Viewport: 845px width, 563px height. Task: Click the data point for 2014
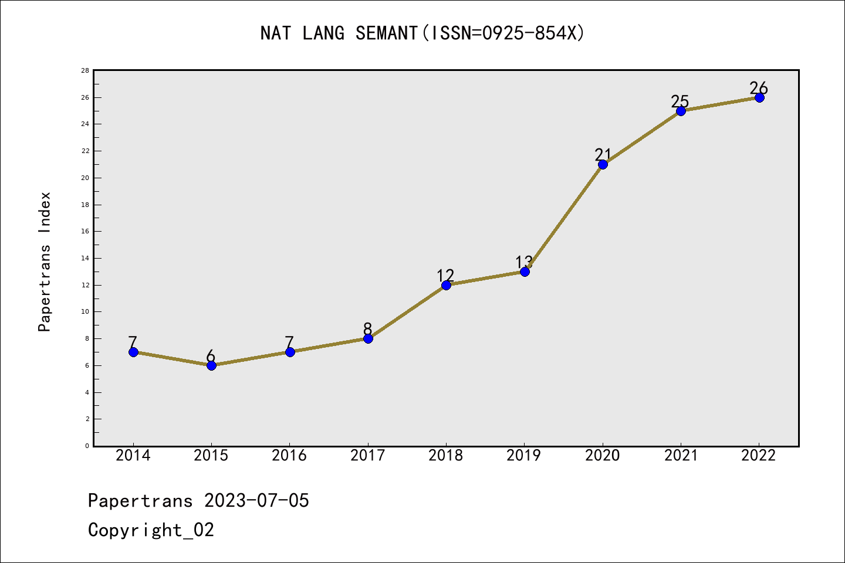tap(133, 352)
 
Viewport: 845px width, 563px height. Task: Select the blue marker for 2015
tap(211, 365)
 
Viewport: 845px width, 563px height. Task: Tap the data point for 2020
tap(603, 164)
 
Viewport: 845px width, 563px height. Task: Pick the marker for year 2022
tap(759, 97)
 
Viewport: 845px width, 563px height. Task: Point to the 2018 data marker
tap(446, 285)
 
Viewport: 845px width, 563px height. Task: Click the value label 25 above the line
tap(680, 101)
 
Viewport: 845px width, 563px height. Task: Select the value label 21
tap(603, 155)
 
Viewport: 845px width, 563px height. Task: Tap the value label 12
tap(445, 276)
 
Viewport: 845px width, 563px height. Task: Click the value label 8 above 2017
tap(368, 329)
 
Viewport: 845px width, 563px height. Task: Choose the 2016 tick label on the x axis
tap(289, 456)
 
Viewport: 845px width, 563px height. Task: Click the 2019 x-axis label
tap(524, 456)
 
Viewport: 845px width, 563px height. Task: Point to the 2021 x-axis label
tap(681, 456)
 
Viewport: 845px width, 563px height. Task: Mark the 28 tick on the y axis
tap(85, 70)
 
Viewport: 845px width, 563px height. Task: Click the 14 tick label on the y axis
tap(85, 258)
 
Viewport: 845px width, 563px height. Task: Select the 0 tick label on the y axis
tap(87, 446)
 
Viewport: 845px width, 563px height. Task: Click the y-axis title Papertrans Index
tap(45, 262)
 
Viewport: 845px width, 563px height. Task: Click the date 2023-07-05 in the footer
tap(256, 501)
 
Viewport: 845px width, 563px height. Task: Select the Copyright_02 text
tap(151, 530)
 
